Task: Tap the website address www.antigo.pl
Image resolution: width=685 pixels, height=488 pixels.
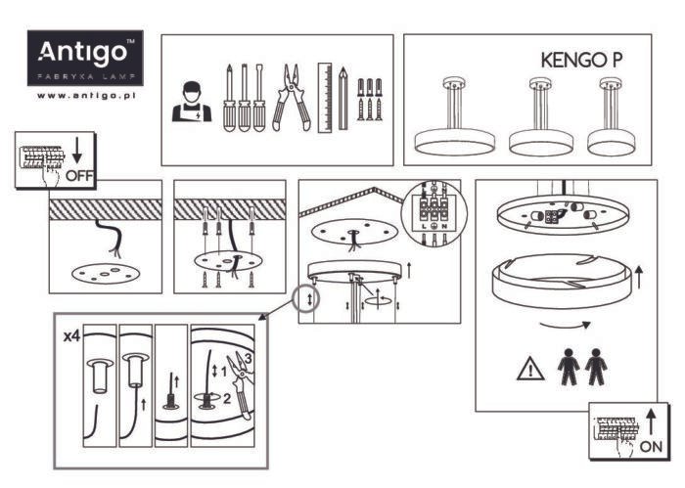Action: [x=85, y=96]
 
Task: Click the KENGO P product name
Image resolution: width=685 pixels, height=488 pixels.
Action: [x=581, y=60]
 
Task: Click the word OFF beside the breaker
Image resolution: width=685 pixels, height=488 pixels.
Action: [x=78, y=176]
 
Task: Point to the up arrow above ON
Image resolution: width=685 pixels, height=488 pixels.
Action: [x=651, y=420]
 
